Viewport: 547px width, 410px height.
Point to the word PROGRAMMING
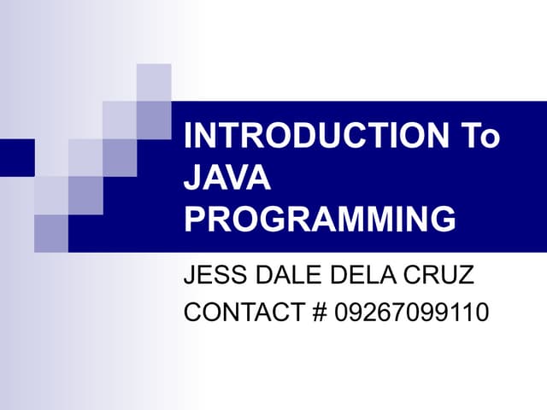(321, 220)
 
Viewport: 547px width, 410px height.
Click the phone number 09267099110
(411, 313)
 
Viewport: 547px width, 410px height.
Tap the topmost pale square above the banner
(154, 82)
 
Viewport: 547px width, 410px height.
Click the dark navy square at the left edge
(16, 156)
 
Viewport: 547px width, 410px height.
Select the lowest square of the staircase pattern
(51, 232)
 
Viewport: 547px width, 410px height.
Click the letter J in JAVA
(193, 179)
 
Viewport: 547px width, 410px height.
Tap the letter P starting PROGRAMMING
(196, 220)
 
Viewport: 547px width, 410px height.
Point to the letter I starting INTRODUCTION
(189, 138)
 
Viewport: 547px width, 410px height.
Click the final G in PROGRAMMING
(443, 220)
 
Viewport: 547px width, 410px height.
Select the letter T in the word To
(468, 138)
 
